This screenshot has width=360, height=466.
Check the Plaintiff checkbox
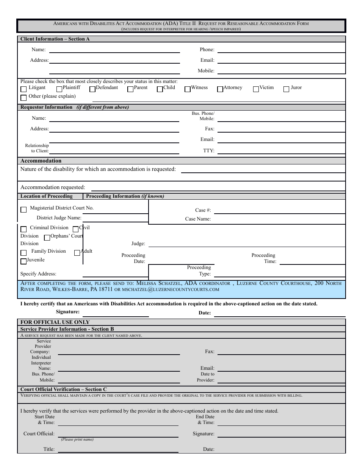(x=59, y=89)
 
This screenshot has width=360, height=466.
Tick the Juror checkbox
(x=286, y=89)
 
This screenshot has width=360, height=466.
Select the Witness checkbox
(x=188, y=89)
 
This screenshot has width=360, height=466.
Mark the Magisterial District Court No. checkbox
(x=23, y=210)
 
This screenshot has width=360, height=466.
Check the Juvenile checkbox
(x=23, y=261)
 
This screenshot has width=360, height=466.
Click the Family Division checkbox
(x=23, y=253)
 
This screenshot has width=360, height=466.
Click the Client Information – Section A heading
(x=55, y=39)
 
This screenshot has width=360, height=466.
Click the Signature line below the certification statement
(x=116, y=315)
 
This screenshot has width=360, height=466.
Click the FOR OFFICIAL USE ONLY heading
(x=55, y=322)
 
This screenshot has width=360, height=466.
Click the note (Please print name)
(x=77, y=439)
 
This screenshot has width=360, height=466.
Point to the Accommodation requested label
(x=53, y=187)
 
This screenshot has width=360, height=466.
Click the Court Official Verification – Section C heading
(x=64, y=389)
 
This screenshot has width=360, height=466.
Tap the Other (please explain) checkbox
(x=23, y=98)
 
